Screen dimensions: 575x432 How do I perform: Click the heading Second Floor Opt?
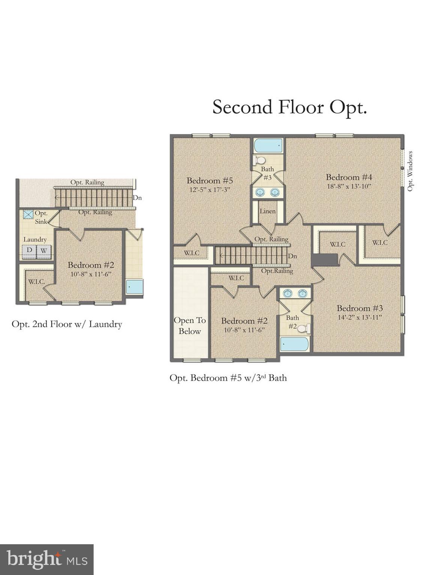(x=289, y=107)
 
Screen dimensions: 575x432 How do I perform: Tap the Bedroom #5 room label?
(x=210, y=180)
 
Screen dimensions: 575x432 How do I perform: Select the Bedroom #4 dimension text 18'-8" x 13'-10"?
(x=349, y=186)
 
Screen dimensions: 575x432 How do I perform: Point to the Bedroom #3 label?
(x=359, y=308)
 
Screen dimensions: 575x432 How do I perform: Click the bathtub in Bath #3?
(x=268, y=146)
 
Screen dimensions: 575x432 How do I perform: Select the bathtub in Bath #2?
(x=295, y=344)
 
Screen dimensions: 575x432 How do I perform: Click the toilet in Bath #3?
(x=259, y=160)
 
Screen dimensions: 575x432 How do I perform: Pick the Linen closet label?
(x=268, y=211)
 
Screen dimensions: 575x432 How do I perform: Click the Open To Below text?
(x=190, y=326)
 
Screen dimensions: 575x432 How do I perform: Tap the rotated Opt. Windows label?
(x=410, y=171)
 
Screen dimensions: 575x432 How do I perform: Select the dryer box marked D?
(x=29, y=250)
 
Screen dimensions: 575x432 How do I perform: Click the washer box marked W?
(x=44, y=250)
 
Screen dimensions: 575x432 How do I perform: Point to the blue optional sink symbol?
(x=28, y=215)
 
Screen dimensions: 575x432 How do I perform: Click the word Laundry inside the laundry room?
(x=35, y=240)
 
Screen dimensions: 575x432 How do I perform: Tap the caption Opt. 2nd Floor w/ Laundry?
(x=67, y=324)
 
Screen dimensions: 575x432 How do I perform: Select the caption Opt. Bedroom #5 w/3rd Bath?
(x=228, y=378)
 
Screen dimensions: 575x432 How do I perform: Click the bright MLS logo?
(x=46, y=559)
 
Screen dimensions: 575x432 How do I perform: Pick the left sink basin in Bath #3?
(x=260, y=192)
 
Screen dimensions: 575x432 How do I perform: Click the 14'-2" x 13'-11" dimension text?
(x=359, y=317)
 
